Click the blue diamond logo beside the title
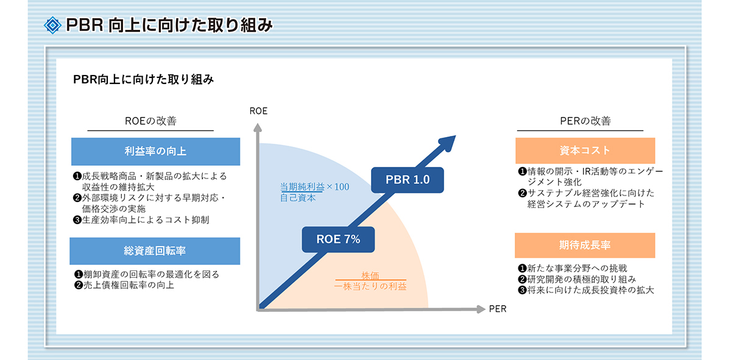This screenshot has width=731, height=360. (x=52, y=25)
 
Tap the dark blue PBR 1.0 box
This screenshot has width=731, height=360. (x=408, y=180)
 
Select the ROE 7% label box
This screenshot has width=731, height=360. (x=338, y=239)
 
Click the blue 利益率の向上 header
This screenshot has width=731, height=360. (x=156, y=152)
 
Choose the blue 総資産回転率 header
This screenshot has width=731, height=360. (x=155, y=251)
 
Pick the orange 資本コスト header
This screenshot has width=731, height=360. (x=585, y=150)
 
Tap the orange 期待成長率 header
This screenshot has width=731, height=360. (x=585, y=245)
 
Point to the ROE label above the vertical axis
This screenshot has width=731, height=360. (x=258, y=111)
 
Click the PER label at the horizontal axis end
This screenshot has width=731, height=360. (x=498, y=309)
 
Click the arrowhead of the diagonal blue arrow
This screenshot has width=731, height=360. (x=448, y=143)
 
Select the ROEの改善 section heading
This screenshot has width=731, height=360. (x=150, y=121)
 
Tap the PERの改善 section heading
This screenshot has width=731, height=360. (x=585, y=121)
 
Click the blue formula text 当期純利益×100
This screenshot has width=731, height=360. (x=314, y=186)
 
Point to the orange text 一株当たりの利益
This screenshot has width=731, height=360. (x=370, y=286)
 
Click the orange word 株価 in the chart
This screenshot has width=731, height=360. (x=370, y=276)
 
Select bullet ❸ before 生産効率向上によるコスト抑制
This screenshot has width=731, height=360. (x=77, y=220)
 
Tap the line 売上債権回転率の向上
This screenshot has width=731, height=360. (x=129, y=285)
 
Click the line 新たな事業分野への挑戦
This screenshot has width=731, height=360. (x=577, y=268)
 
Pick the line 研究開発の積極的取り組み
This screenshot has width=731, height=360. (x=582, y=280)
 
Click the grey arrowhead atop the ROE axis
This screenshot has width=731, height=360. (x=258, y=128)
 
